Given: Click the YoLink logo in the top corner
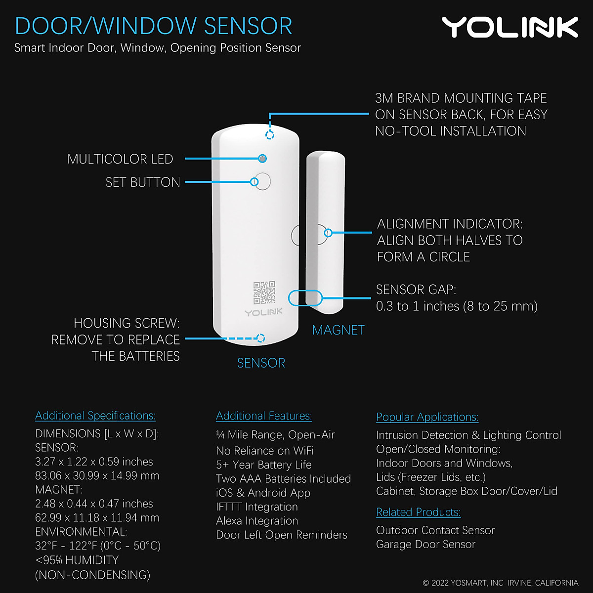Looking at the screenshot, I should (x=509, y=27).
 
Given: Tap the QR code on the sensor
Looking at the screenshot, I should (x=264, y=293).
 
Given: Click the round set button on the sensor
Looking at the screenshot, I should (x=261, y=181).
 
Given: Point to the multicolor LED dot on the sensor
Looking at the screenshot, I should (x=262, y=159).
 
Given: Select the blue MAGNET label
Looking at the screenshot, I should (x=338, y=330).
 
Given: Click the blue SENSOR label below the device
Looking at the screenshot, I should (x=261, y=363).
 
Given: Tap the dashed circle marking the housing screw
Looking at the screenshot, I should (x=261, y=338).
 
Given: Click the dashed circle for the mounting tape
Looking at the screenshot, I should (x=270, y=135).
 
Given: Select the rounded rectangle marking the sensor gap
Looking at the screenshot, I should (x=305, y=298).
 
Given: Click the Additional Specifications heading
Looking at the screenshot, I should (x=95, y=416).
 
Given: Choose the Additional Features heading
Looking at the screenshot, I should (x=264, y=416).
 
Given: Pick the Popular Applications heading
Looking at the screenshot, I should (x=427, y=417).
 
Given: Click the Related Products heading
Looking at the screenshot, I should (x=418, y=512).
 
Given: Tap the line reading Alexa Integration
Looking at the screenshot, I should (x=257, y=521).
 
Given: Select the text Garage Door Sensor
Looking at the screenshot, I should (x=425, y=545).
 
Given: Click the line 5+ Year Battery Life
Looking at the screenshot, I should (x=264, y=465).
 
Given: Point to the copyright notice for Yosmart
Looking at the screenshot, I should (x=500, y=583).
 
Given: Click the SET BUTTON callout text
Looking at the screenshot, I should (x=143, y=182).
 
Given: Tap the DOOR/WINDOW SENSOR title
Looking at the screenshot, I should (x=154, y=26).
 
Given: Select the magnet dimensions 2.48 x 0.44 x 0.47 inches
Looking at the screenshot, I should (x=94, y=504).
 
